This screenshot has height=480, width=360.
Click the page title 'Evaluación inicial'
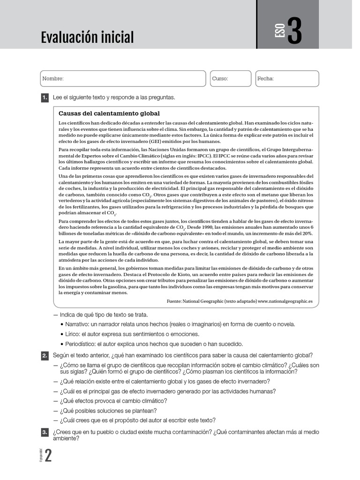click(x=87, y=37)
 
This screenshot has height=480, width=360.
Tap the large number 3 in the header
click(x=294, y=31)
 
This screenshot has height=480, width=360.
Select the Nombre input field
click(x=123, y=79)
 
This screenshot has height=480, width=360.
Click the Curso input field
click(x=230, y=79)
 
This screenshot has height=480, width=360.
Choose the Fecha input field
click(x=287, y=79)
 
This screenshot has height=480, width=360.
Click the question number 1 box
click(x=45, y=97)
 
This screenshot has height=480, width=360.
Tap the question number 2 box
click(x=45, y=356)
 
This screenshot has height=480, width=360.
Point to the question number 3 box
click(x=45, y=432)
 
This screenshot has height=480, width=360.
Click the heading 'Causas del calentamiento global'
click(x=109, y=113)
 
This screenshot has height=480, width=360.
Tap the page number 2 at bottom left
click(x=48, y=457)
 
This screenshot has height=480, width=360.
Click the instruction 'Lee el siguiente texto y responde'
click(x=113, y=97)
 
